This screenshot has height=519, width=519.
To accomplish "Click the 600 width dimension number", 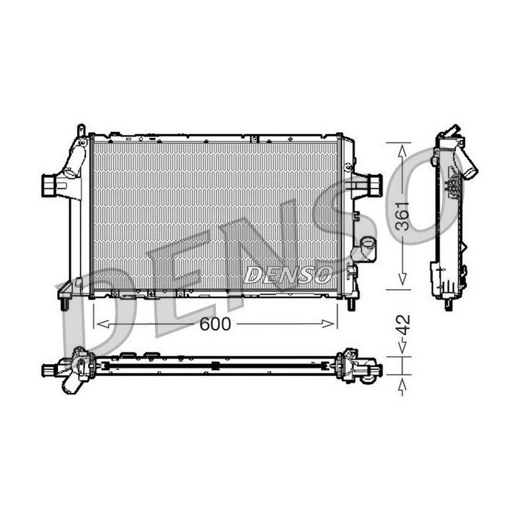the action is pos(215,324).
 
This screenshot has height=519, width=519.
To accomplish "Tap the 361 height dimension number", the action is pos(403,216).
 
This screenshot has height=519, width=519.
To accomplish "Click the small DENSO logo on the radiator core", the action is pos(288,275).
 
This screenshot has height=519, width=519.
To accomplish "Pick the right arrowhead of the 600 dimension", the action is pos(328,324).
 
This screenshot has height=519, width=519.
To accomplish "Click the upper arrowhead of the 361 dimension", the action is pos(402,152).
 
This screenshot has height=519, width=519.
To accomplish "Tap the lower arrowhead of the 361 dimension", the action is pos(402,278).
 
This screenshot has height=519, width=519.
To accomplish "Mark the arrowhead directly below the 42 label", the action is pos(402,346).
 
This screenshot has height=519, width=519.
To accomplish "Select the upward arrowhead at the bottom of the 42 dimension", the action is pos(402,386).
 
